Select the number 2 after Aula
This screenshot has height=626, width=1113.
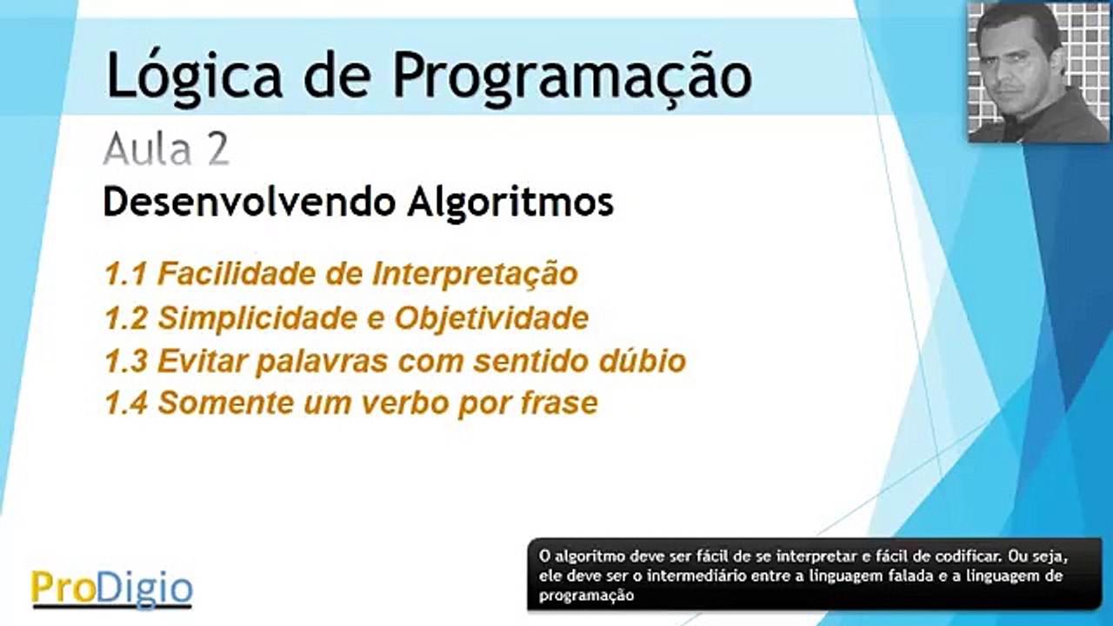218,150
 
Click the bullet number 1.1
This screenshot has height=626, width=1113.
124,275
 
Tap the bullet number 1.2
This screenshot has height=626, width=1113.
124,318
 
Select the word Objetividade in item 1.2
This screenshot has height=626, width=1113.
491,318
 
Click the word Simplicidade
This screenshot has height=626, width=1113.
257,318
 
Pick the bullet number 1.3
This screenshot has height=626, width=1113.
124,361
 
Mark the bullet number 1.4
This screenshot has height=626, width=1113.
124,403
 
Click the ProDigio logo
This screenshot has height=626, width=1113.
111,588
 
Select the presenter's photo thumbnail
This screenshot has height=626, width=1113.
1038,72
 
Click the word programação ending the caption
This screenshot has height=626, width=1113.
586,596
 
